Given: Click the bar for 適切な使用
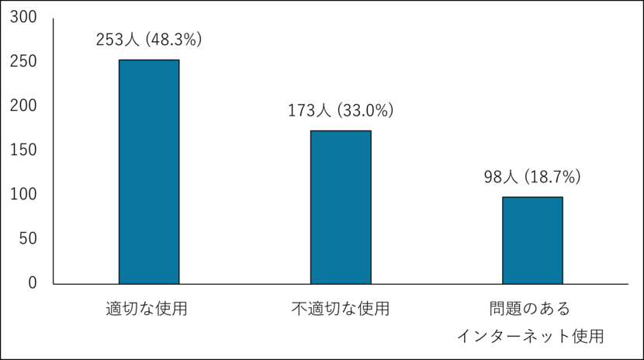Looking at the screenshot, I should (x=148, y=171).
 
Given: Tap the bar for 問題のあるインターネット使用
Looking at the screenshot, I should (x=532, y=241).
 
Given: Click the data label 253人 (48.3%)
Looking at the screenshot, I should (x=148, y=40).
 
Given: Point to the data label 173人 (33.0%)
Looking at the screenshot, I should (x=341, y=111).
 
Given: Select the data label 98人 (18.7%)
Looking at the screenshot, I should (x=532, y=178).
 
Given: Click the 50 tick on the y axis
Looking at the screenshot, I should (x=26, y=238).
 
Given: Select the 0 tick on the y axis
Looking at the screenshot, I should (x=32, y=282).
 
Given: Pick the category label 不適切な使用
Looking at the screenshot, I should (x=341, y=309).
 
